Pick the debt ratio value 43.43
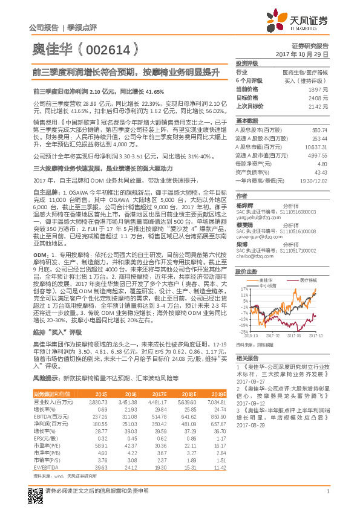pyautogui.click(x=321, y=172)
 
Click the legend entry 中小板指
pyautogui.click(x=266, y=285)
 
